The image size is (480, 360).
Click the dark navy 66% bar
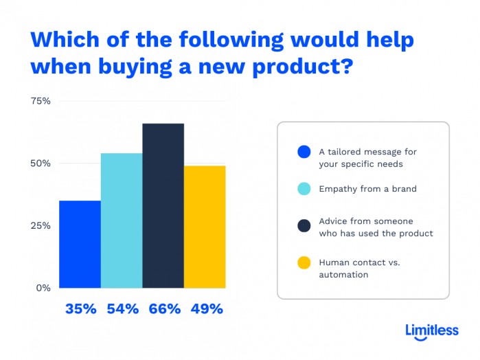(x=163, y=205)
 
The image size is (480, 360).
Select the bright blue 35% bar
(x=80, y=244)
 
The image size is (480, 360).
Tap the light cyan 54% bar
(x=122, y=220)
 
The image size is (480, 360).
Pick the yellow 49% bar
(x=205, y=227)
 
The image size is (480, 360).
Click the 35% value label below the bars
(x=80, y=309)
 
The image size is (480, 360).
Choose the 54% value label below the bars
(x=122, y=309)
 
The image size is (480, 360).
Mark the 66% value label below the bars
(x=163, y=309)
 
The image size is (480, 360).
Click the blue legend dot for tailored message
(x=303, y=152)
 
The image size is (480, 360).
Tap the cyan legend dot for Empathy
(x=303, y=189)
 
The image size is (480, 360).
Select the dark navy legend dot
(x=303, y=227)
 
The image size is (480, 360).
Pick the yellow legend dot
(x=303, y=264)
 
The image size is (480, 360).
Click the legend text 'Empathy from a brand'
(x=367, y=189)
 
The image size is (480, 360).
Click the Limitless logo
(x=431, y=331)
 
